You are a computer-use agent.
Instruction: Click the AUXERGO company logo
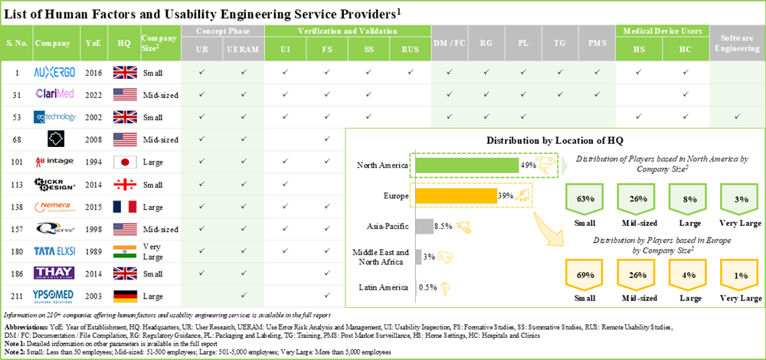point(54,72)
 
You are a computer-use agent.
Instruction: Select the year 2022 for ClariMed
point(93,94)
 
